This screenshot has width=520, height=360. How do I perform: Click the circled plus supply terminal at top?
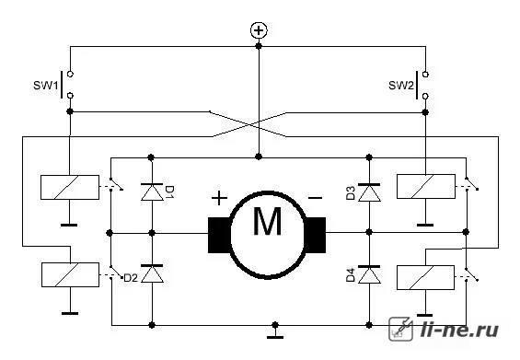tap(259, 30)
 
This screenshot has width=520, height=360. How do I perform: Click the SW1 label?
tap(45, 86)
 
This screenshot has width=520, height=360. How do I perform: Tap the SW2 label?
tap(401, 86)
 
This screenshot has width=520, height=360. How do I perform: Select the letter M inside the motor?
tap(267, 221)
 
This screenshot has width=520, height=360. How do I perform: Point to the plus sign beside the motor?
tap(219, 199)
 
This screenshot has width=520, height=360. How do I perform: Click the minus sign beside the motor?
tap(315, 199)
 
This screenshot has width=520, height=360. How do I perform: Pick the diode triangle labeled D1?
tap(152, 192)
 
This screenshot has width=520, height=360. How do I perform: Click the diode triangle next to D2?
tap(152, 273)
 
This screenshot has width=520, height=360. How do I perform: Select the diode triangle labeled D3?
tap(369, 192)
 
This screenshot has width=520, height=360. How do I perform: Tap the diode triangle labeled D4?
tap(369, 274)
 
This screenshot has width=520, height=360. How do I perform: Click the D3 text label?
tap(351, 193)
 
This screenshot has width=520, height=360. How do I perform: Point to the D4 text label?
tap(351, 275)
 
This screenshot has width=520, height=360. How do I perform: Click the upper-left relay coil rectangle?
tap(70, 187)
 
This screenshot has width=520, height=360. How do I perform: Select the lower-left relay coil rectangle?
tap(70, 274)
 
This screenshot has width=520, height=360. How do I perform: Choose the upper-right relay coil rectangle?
tap(426, 187)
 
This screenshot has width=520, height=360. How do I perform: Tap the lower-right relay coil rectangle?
tap(425, 277)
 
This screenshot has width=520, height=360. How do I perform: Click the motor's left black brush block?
tap(219, 235)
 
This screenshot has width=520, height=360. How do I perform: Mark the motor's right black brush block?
tap(315, 235)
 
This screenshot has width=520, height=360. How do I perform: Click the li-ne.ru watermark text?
tap(459, 330)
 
